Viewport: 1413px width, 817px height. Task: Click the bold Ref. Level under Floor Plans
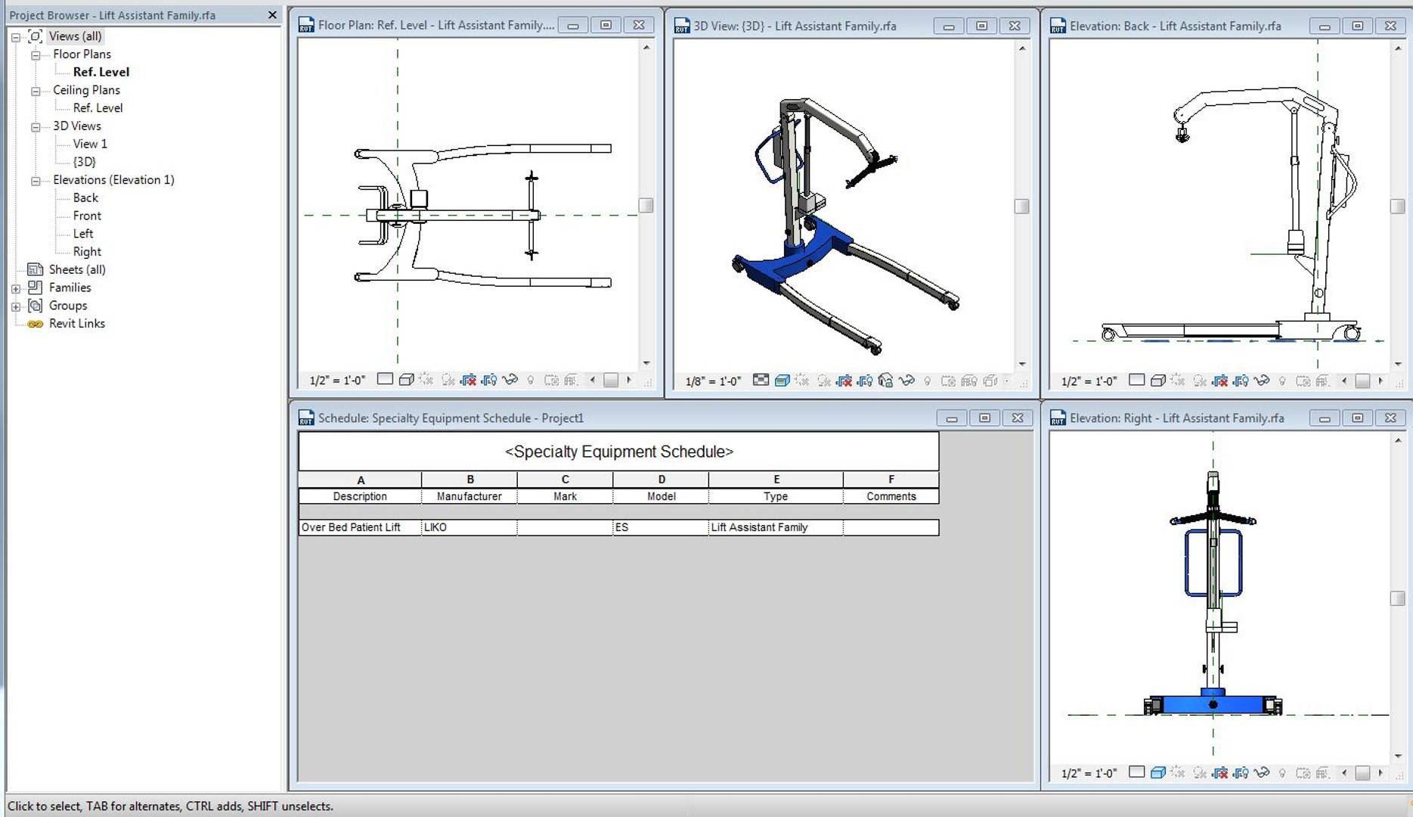coord(101,72)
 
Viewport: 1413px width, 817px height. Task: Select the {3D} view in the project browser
coord(84,162)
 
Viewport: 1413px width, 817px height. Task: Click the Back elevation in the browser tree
coord(85,197)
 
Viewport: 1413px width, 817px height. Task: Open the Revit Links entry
coord(76,324)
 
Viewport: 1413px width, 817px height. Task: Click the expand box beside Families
coord(16,288)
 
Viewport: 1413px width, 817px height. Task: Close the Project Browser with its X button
coord(272,15)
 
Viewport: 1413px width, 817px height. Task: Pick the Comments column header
coord(891,496)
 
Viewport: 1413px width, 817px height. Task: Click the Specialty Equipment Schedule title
coord(618,452)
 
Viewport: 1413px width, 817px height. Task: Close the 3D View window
coord(1015,26)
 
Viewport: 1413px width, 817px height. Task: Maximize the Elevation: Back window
coord(1357,26)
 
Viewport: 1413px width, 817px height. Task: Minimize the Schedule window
coord(951,418)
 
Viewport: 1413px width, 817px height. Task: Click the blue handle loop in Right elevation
coord(1188,564)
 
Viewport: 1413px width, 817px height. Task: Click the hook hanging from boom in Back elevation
coord(1182,136)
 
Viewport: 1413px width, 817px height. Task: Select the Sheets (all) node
coord(76,270)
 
